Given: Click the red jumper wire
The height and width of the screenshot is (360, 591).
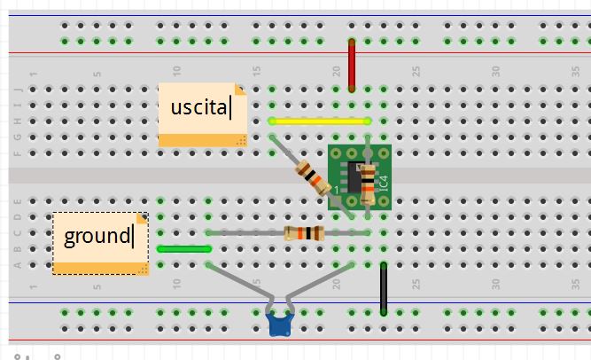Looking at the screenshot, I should [x=352, y=66].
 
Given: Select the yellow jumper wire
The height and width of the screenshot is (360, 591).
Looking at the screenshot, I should [x=319, y=121].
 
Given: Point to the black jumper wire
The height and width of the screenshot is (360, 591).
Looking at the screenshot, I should [x=384, y=288].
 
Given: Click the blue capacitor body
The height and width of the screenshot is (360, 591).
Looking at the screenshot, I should [x=281, y=325].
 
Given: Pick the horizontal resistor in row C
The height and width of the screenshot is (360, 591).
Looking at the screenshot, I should [x=304, y=234].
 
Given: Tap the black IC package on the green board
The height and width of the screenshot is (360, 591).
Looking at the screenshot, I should [x=353, y=180].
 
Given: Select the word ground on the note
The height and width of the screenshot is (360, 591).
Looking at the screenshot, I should [x=97, y=236].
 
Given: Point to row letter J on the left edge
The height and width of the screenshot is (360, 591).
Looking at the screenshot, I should [x=19, y=90].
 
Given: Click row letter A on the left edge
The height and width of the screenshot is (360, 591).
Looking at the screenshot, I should [x=19, y=264].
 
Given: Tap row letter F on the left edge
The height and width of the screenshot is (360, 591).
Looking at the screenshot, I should [x=19, y=153].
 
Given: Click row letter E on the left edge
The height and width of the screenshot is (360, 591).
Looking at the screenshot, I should [x=19, y=200].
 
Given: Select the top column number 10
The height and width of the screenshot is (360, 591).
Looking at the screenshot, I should [x=178, y=72].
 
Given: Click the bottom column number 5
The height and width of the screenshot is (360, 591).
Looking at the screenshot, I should [x=97, y=285].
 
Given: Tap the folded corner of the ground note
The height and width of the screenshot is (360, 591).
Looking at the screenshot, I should [x=140, y=218].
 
